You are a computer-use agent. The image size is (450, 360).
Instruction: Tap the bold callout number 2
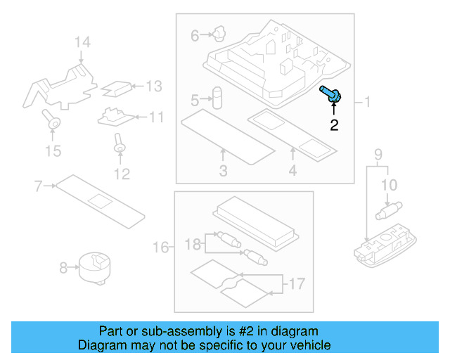point(334,126)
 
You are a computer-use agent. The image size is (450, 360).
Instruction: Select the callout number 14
point(82,44)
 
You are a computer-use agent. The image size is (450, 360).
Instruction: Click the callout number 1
point(366,103)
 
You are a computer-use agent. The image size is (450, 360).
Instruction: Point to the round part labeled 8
point(94,267)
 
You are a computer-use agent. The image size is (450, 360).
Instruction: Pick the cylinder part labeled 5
point(217,97)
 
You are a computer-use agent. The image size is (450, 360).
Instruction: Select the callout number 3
point(223,171)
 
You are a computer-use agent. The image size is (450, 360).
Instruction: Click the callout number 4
point(292,171)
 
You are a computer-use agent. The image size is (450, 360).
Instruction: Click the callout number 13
point(153,86)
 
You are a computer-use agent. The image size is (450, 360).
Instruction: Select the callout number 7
point(39,186)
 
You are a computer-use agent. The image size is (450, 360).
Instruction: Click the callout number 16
point(160,247)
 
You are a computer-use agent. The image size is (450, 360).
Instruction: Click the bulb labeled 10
point(387,209)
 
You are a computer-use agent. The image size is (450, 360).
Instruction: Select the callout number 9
point(378,154)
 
